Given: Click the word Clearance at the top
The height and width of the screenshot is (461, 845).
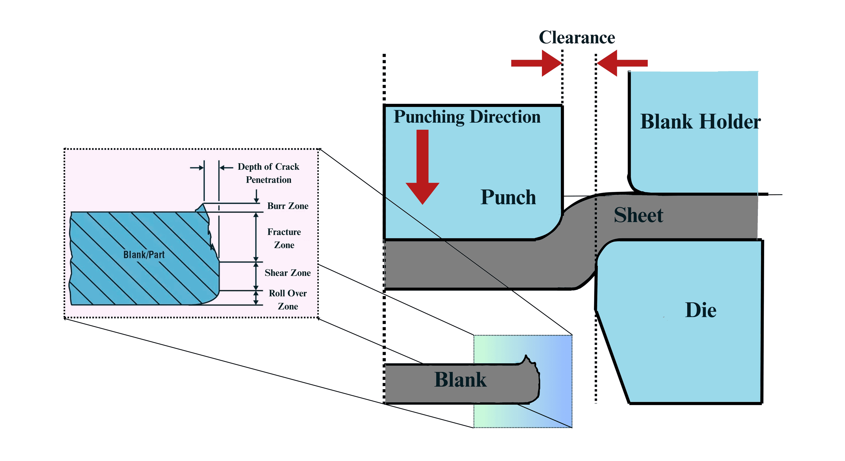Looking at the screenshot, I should click(577, 37).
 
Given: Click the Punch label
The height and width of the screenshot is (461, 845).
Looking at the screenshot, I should click(508, 197).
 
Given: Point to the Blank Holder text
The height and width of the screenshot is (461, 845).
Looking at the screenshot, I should click(700, 122).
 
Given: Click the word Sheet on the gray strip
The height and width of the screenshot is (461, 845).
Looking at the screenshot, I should click(638, 215).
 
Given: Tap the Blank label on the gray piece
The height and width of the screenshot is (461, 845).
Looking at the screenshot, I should click(460, 380).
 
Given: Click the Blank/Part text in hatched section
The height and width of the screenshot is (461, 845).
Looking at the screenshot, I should click(144, 255).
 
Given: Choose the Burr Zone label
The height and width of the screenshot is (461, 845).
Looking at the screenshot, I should click(288, 206).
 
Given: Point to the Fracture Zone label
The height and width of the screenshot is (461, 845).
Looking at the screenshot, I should click(284, 238).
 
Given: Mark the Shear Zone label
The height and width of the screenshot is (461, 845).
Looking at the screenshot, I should click(288, 273).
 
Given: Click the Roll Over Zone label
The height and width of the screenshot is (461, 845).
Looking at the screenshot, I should click(288, 300).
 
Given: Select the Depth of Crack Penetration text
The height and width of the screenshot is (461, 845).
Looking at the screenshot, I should click(268, 173).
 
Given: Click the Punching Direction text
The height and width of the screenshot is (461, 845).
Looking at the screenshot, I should click(467, 117).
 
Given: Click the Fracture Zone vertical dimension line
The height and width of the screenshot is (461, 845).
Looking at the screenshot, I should click(256, 237).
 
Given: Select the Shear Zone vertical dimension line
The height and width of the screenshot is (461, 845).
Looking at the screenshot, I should click(256, 276).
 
